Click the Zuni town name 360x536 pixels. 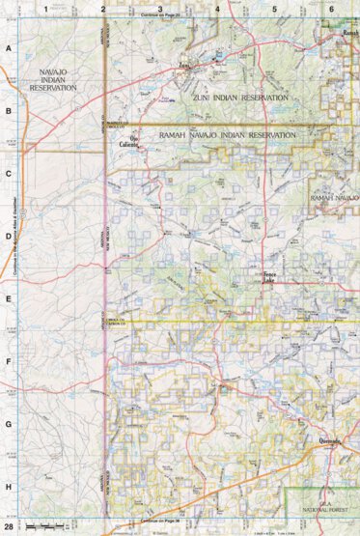184,68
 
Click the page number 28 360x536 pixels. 9,526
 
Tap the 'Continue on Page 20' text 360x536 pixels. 166,16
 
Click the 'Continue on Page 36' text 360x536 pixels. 166,521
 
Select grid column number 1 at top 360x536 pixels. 45,9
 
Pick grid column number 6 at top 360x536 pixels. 331,9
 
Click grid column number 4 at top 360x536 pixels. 217,9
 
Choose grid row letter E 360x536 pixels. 9,298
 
